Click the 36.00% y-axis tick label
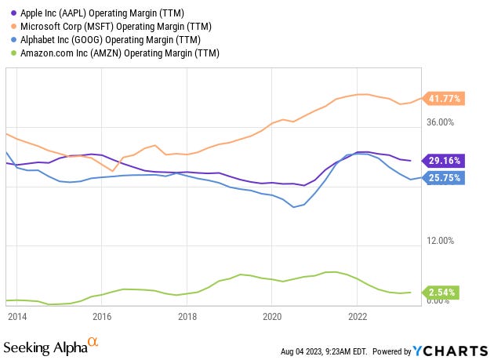point(441,122)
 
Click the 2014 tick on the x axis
point(17,316)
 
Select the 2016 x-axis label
point(102,316)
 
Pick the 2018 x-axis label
point(187,316)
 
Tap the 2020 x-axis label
point(271,316)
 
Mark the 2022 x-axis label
point(357,316)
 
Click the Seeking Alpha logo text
point(45,346)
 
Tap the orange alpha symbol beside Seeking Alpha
point(93,343)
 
